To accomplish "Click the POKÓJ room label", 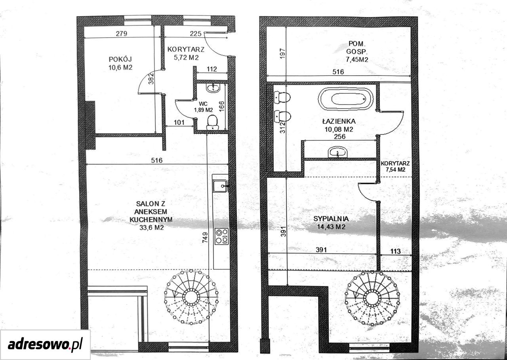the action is coord(120,59).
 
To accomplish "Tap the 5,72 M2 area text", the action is coord(186,58).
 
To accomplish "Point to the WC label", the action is coord(203,104).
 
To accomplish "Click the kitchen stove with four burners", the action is coord(221,236).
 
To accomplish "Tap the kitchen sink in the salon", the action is coord(220,186).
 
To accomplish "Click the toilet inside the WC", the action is coord(212,122).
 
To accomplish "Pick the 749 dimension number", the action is coord(205,238).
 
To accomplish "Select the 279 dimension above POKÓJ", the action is coord(122,34).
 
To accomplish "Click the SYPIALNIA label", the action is coord(331,219).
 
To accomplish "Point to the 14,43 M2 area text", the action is coord(331,227).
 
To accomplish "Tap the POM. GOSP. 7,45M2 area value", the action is coord(357,59).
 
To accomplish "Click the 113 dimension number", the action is coord(395,251).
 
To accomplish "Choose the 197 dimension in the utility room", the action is coord(282,53).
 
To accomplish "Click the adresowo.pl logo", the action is coord(45,345).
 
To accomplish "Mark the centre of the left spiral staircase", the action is coord(191,297).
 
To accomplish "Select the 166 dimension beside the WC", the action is coord(221,106).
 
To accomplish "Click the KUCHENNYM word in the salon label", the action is coord(151,219).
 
